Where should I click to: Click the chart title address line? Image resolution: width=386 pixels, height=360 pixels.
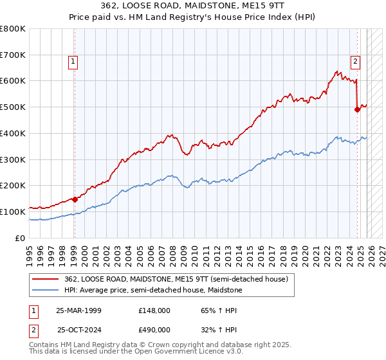tap(193, 5)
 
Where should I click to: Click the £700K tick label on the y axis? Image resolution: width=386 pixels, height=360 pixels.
tap(13, 55)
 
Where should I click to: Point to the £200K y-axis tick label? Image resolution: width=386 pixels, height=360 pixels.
tap(13, 185)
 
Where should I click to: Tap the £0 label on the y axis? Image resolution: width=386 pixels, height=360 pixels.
tap(21, 237)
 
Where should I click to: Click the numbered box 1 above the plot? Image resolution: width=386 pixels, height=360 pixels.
tap(73, 62)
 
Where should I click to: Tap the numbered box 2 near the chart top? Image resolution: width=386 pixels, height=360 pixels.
tap(354, 62)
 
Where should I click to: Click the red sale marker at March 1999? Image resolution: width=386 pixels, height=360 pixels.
tap(75, 199)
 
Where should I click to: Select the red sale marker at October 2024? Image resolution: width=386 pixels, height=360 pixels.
tap(358, 110)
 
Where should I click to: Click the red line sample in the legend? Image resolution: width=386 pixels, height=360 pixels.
tap(46, 278)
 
